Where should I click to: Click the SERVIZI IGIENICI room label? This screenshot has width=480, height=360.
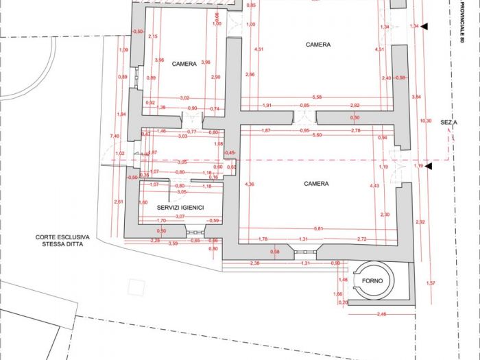[x=180, y=207]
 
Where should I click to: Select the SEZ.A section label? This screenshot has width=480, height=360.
[x=449, y=121]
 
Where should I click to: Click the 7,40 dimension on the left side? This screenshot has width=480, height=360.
[x=115, y=136]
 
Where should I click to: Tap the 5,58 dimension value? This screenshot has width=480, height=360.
[x=316, y=97]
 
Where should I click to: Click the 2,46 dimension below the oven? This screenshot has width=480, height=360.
[x=382, y=314]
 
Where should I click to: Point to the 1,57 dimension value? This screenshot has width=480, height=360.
[x=430, y=284]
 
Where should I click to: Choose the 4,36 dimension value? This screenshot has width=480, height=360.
[x=250, y=184]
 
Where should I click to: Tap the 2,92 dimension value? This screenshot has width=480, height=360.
[x=420, y=222]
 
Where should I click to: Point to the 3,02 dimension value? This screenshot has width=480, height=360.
[x=184, y=99]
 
